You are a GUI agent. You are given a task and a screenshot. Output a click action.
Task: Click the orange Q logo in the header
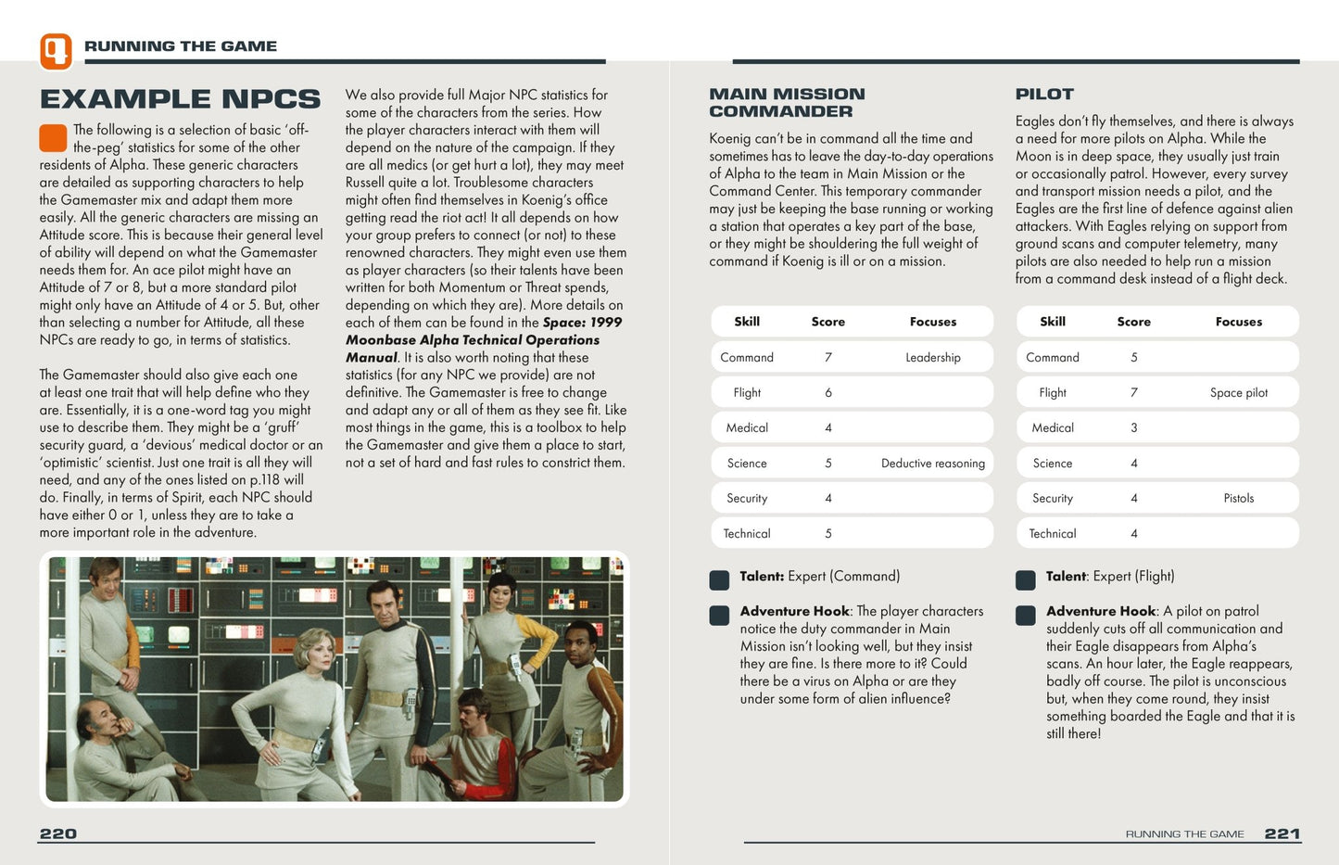56,51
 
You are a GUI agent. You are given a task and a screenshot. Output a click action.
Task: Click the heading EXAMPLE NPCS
180,99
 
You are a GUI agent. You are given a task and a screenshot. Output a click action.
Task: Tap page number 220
57,833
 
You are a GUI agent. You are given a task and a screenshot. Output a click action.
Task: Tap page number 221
1282,833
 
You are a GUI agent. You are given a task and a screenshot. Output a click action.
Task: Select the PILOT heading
1044,94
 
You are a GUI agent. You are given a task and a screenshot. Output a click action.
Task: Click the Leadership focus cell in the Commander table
932,357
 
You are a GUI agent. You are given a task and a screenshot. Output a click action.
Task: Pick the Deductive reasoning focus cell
932,463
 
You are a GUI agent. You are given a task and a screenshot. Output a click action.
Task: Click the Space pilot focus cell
1238,392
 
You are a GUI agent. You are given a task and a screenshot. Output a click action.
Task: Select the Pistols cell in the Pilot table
1238,498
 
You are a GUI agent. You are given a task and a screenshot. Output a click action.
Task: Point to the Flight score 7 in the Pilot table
1133,392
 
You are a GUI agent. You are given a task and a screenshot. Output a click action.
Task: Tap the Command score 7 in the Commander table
827,357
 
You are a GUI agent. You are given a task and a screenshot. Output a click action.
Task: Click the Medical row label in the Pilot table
1053,427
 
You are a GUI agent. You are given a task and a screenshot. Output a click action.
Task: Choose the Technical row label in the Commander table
746,533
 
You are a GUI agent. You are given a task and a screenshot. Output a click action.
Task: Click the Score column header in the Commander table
827,322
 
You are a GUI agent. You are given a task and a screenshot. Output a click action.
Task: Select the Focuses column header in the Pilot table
1238,322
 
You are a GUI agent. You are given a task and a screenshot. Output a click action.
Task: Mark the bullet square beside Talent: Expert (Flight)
1025,580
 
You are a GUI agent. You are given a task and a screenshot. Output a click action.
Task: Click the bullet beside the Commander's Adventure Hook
719,616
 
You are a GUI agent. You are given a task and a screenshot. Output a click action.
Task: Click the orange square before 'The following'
53,138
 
